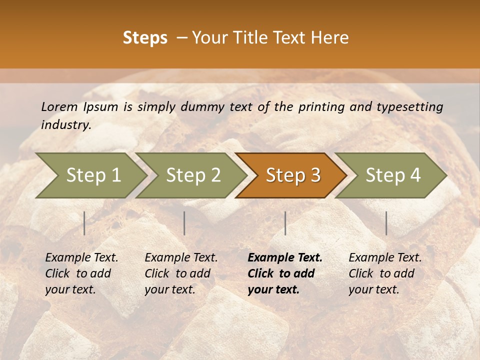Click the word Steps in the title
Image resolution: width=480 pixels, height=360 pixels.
point(145,38)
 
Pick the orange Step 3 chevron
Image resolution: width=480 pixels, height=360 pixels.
point(293,175)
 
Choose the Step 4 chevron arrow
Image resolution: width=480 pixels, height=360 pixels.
point(393,175)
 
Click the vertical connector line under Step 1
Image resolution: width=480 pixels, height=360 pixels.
point(84,223)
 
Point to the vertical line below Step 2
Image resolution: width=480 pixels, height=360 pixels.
point(184,223)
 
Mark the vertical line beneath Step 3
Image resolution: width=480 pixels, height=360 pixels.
point(285,223)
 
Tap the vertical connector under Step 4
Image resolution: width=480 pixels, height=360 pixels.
point(386,223)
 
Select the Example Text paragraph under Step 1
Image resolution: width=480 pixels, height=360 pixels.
point(81,273)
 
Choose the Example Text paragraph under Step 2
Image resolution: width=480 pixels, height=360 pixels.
point(181,273)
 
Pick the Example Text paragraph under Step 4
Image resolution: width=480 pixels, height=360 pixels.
point(385,273)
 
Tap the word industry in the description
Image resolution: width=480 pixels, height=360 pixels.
point(66,125)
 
